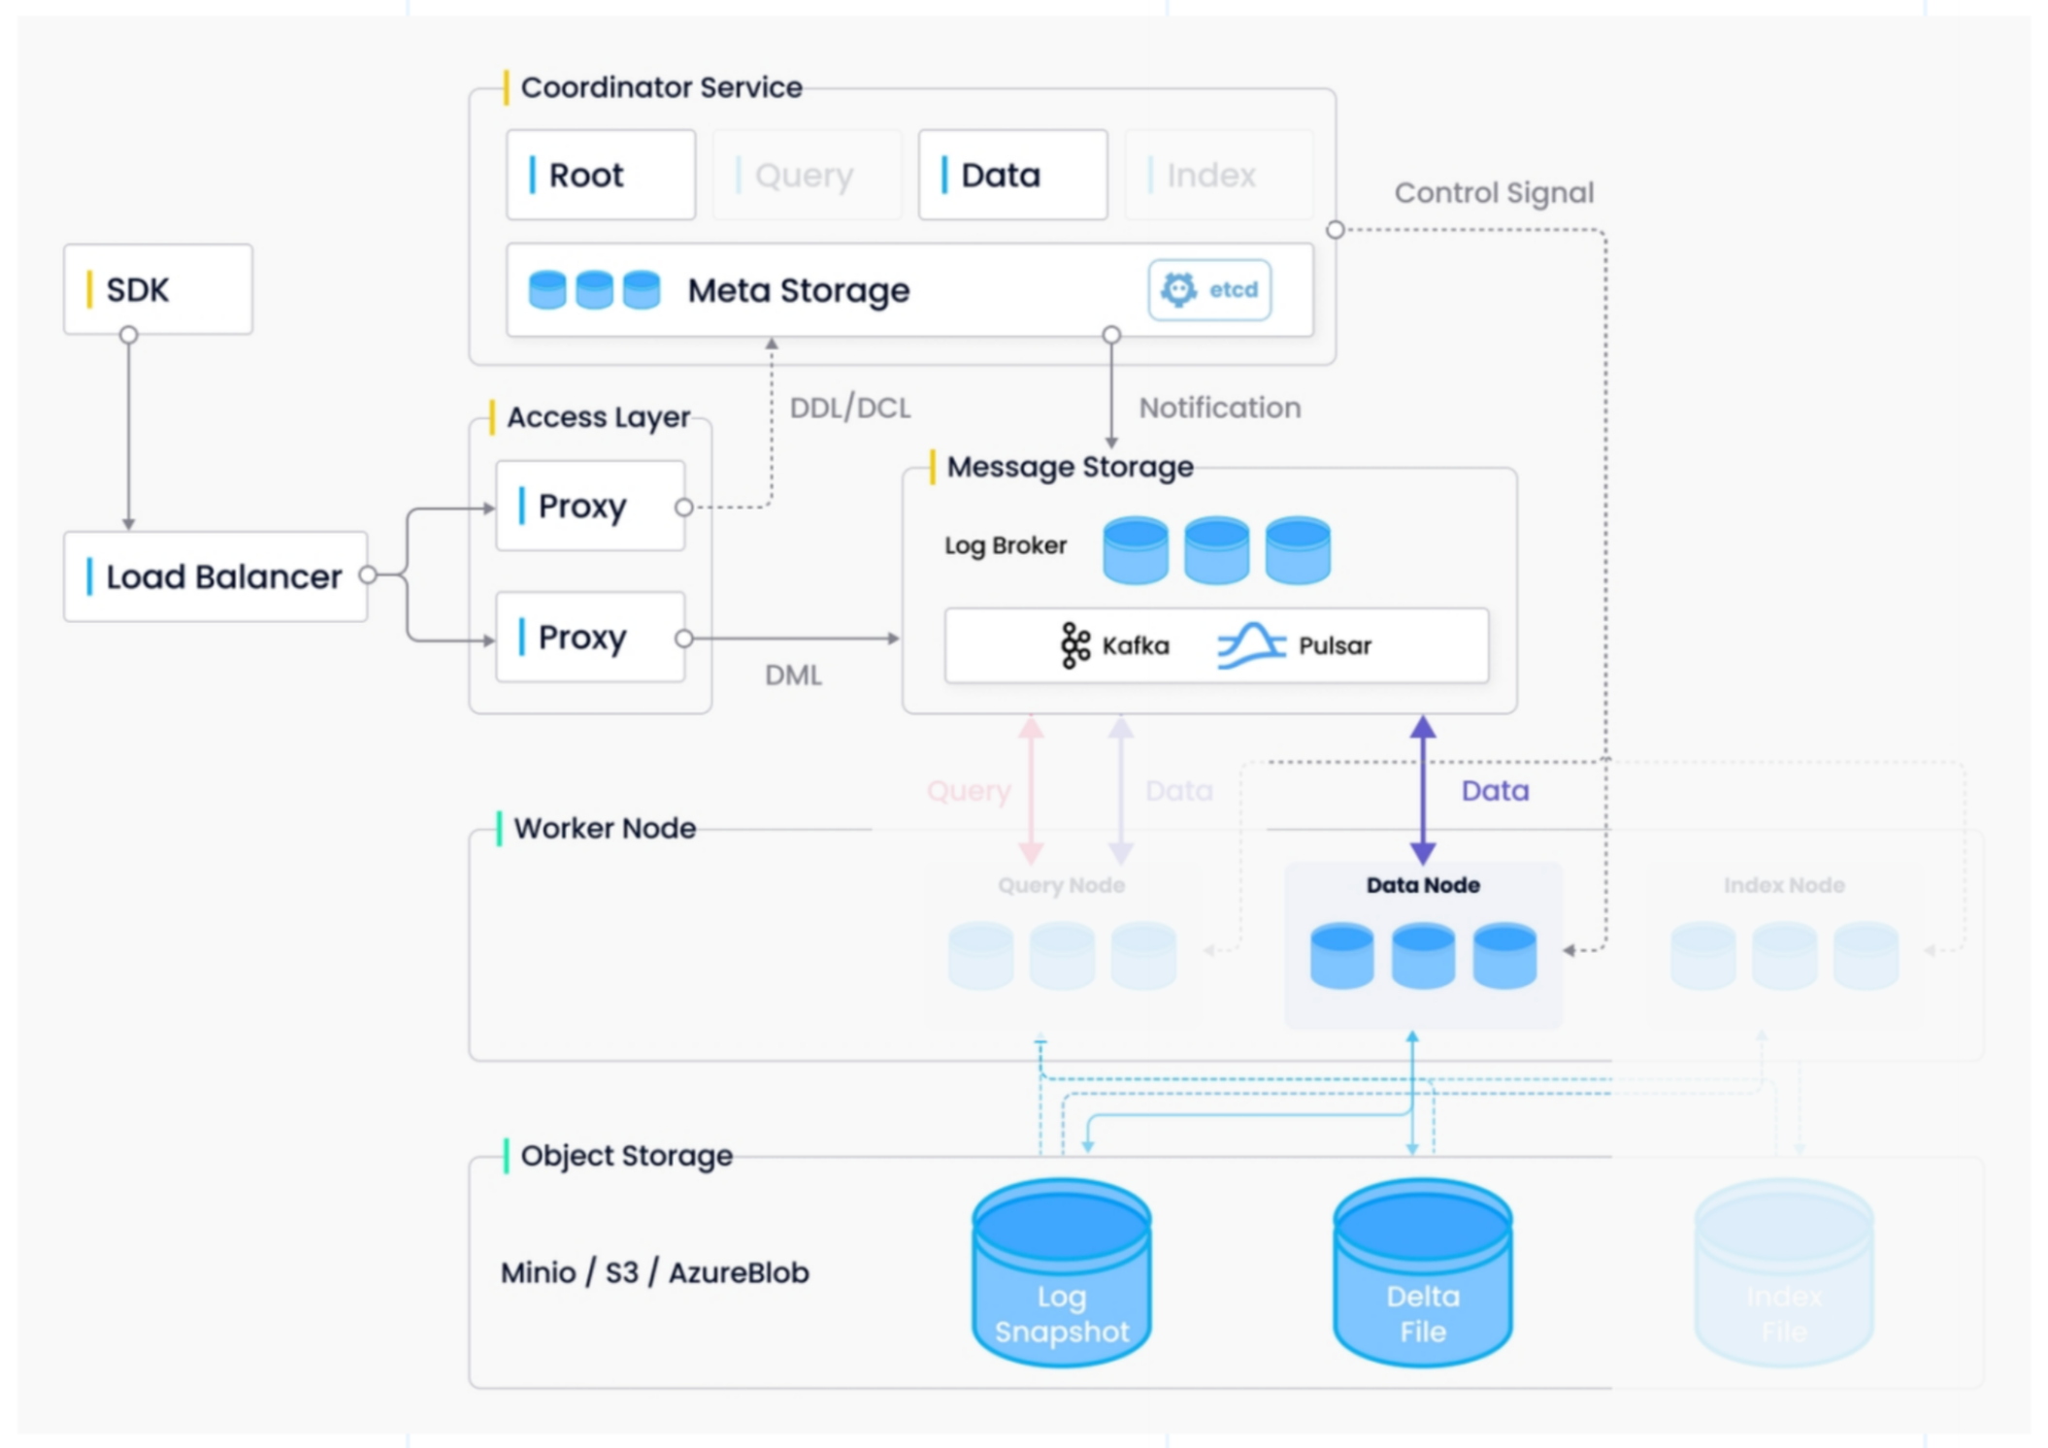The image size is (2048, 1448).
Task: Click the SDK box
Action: pos(158,289)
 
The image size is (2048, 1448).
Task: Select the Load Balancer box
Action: pos(215,576)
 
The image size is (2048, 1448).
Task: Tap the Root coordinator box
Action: pos(601,175)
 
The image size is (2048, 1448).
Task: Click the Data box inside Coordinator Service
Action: pos(1012,175)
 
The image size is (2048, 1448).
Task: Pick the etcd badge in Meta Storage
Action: pos(1209,289)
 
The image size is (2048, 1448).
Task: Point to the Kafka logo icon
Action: pos(1074,645)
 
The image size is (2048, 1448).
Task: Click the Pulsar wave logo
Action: pos(1251,645)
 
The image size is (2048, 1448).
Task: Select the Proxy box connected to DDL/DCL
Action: pos(590,506)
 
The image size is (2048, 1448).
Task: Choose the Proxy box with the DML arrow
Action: pos(590,638)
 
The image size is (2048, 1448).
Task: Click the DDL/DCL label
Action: pos(850,408)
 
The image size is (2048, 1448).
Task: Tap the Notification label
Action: pos(1220,408)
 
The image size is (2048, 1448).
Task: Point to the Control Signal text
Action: pos(1494,193)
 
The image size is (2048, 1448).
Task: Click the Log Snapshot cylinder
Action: pos(1062,1272)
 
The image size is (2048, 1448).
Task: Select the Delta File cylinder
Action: pos(1423,1272)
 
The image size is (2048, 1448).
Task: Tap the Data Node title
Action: pos(1423,885)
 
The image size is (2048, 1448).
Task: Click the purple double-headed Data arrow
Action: pos(1423,790)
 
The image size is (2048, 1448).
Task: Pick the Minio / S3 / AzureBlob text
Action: pos(655,1272)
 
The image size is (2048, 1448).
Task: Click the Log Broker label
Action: pos(1006,545)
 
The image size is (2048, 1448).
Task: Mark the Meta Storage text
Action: pos(799,290)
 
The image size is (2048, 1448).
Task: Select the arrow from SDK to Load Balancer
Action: pos(128,432)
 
